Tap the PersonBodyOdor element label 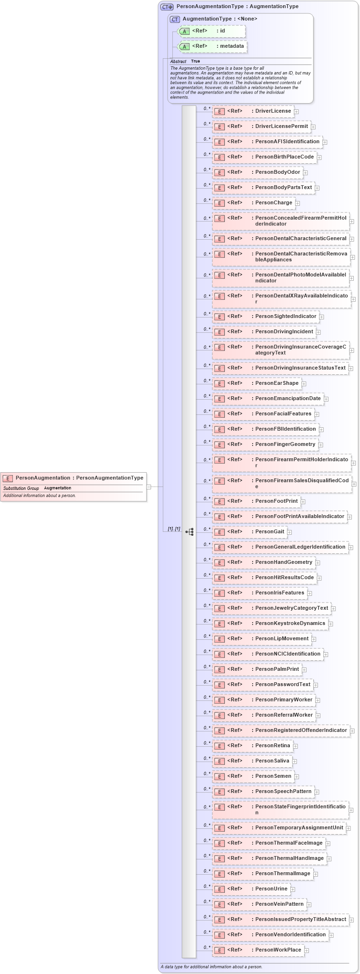[x=277, y=172]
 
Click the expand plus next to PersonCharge [x=297, y=203]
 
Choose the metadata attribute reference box [x=212, y=46]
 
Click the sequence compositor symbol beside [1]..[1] [x=190, y=532]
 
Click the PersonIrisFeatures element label [x=279, y=593]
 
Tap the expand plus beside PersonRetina [x=296, y=746]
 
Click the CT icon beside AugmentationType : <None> [x=175, y=19]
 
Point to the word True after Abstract [x=196, y=62]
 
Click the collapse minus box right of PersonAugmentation [x=149, y=487]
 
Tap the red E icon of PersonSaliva [x=219, y=762]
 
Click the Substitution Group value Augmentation [x=57, y=488]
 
